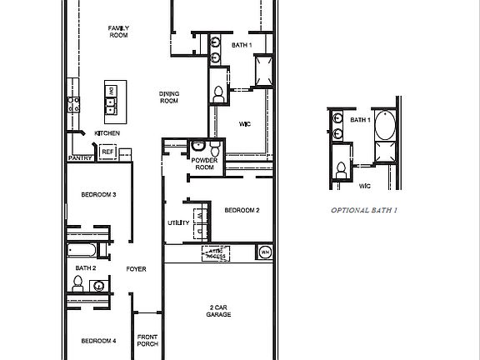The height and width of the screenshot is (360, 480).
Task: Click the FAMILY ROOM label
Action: pyautogui.click(x=118, y=31)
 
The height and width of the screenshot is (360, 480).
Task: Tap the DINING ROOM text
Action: pyautogui.click(x=169, y=97)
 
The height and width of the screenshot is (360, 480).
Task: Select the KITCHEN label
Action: pyautogui.click(x=107, y=133)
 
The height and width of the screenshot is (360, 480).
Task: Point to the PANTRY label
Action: pyautogui.click(x=80, y=157)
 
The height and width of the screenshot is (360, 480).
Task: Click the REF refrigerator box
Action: pyautogui.click(x=107, y=152)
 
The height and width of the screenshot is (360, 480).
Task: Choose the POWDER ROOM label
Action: pyautogui.click(x=204, y=163)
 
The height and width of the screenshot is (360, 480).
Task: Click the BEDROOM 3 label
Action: pyautogui.click(x=97, y=195)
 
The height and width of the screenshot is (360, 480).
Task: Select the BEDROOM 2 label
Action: pyautogui.click(x=242, y=211)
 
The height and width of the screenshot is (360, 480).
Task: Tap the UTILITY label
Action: pyautogui.click(x=178, y=222)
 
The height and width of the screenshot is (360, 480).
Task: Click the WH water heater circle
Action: pyautogui.click(x=265, y=252)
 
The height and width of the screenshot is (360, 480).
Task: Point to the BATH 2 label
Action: pyautogui.click(x=86, y=267)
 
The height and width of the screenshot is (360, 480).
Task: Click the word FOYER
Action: pyautogui.click(x=137, y=269)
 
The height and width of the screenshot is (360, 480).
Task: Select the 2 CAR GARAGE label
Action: pyautogui.click(x=219, y=312)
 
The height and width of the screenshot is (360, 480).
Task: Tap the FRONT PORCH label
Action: pyautogui.click(x=147, y=340)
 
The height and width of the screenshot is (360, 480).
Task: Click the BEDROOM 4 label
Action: pyautogui.click(x=97, y=341)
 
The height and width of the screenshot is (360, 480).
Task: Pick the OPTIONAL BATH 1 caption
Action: pyautogui.click(x=363, y=211)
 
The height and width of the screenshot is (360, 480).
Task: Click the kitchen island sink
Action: pyautogui.click(x=109, y=104)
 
